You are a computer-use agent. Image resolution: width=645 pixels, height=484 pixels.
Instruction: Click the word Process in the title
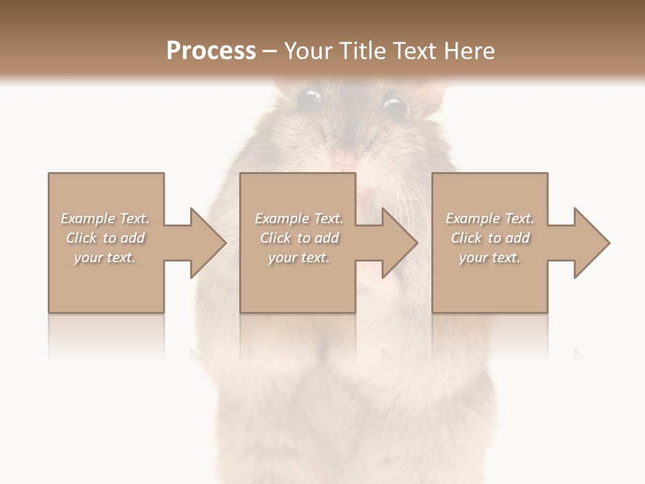pyautogui.click(x=211, y=51)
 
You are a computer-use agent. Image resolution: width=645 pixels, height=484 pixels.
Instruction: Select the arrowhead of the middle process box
pyautogui.click(x=399, y=243)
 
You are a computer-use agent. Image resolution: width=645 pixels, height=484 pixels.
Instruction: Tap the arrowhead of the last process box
pyautogui.click(x=591, y=243)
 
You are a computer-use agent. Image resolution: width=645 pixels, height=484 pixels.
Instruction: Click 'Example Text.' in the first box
pyautogui.click(x=105, y=218)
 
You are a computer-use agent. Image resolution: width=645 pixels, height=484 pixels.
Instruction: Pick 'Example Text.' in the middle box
pyautogui.click(x=299, y=218)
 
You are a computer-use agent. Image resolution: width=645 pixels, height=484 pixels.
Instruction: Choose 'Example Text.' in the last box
pyautogui.click(x=490, y=218)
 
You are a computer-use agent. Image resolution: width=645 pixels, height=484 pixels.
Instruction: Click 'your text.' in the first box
pyautogui.click(x=105, y=257)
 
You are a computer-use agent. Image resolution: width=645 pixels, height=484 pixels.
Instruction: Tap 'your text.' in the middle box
pyautogui.click(x=299, y=257)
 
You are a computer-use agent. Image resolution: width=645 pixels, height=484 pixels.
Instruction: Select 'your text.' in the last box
pyautogui.click(x=490, y=257)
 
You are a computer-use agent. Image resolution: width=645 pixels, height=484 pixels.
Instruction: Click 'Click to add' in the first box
pyautogui.click(x=105, y=238)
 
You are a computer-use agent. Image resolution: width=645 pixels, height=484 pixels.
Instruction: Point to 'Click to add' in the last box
pyautogui.click(x=490, y=238)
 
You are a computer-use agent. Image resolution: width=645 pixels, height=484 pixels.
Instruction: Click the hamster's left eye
pyautogui.click(x=309, y=98)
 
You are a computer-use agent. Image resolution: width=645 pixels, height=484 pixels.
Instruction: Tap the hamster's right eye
pyautogui.click(x=396, y=106)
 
